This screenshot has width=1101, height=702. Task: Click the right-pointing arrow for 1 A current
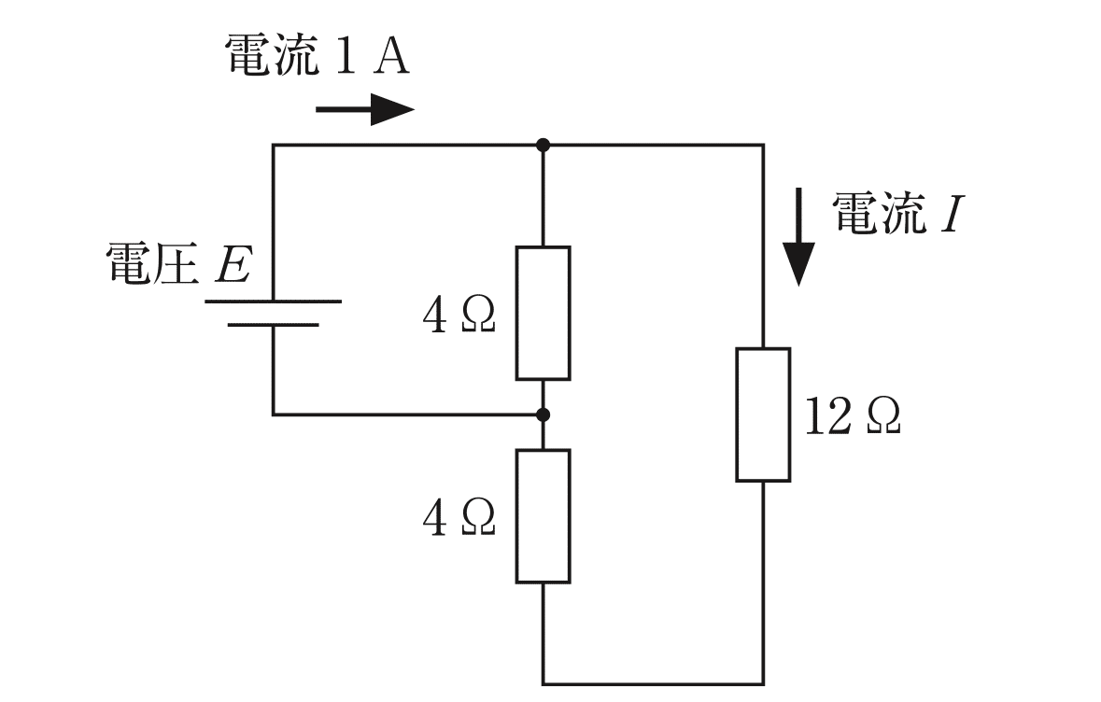365,110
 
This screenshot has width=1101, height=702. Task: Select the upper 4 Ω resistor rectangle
543,313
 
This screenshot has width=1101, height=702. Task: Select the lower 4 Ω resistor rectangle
543,516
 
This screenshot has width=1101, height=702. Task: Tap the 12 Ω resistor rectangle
763,414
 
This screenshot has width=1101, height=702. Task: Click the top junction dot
543,145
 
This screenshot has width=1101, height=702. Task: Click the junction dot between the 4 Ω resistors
543,414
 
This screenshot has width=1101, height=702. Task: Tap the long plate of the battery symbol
273,302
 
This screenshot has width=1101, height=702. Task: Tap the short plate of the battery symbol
273,325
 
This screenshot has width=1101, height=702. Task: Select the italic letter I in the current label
950,216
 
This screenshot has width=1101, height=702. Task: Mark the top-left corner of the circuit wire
273,145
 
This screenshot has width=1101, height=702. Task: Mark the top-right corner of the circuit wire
763,145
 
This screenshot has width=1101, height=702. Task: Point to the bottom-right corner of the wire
763,684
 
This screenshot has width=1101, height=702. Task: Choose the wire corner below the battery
273,414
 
